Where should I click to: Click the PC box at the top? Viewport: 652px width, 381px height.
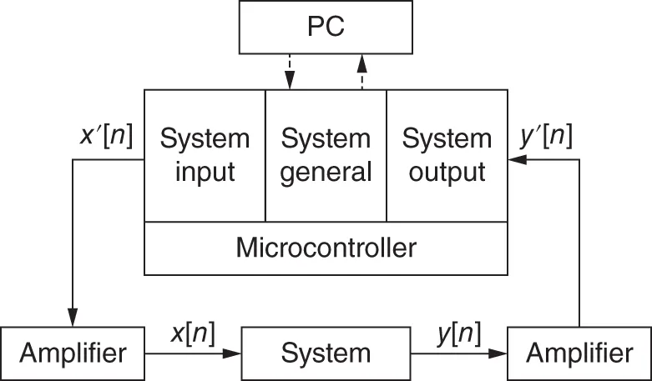click(326, 28)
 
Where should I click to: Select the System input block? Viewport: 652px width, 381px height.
click(205, 155)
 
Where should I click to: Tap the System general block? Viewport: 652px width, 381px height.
click(326, 155)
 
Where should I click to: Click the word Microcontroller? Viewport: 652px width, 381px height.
click(326, 248)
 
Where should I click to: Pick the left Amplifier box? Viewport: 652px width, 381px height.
click(73, 353)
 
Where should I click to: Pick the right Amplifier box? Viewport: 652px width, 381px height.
click(579, 353)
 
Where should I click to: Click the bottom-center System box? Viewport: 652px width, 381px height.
click(326, 353)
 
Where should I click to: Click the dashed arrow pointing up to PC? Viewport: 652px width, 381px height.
click(361, 67)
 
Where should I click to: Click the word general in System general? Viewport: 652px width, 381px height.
click(326, 172)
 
